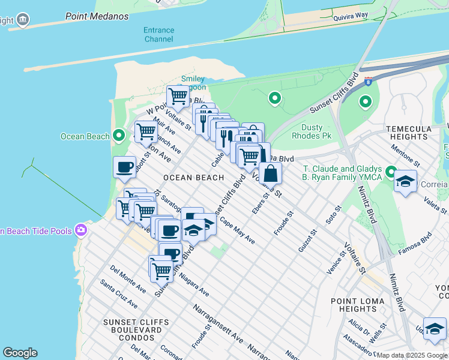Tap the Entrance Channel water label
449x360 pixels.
(x=158, y=35)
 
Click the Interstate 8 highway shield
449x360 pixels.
(x=368, y=79)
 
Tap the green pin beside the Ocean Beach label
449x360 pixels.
(x=119, y=136)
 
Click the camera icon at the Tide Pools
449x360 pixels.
(x=81, y=230)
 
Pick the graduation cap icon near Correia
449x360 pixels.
(x=406, y=181)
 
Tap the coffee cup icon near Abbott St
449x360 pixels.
(x=124, y=167)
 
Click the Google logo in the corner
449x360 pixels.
(x=19, y=353)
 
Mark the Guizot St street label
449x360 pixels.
(x=307, y=241)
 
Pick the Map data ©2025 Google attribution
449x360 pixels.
(x=412, y=355)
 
